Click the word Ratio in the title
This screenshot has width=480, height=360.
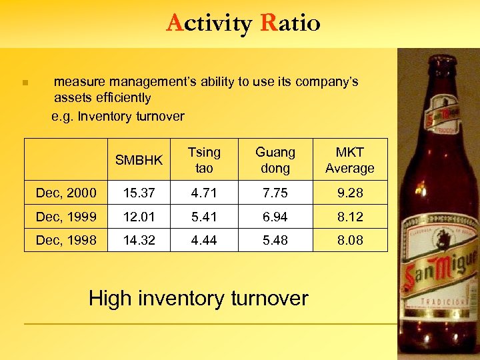[291, 23]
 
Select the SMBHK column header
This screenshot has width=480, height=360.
[139, 161]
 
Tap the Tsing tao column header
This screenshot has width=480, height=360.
[204, 161]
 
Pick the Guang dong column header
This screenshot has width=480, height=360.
[275, 161]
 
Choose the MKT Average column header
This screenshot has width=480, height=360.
[349, 161]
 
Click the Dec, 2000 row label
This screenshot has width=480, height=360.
[66, 193]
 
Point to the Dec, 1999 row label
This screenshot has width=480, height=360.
[66, 217]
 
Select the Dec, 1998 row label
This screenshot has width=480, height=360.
[66, 240]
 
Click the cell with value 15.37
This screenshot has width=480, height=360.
[139, 193]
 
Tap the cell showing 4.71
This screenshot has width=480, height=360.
[204, 193]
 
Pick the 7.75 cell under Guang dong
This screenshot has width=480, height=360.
[275, 193]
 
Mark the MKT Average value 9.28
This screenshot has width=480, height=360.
[349, 193]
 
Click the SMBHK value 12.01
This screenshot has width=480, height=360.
[139, 217]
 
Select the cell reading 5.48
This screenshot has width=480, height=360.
[275, 240]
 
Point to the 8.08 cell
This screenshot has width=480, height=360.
[349, 240]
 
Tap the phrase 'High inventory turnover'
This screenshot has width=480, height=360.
[198, 298]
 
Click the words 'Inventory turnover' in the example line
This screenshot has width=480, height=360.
[131, 117]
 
